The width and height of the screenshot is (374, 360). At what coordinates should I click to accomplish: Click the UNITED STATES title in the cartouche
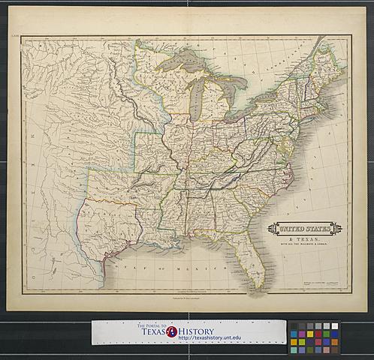coord(305,228)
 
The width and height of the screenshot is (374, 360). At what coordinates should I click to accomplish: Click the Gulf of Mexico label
coord(158,268)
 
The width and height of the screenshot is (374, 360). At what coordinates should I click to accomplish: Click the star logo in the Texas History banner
coord(172,331)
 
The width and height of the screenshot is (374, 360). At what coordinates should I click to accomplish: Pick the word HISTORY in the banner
coord(197,331)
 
